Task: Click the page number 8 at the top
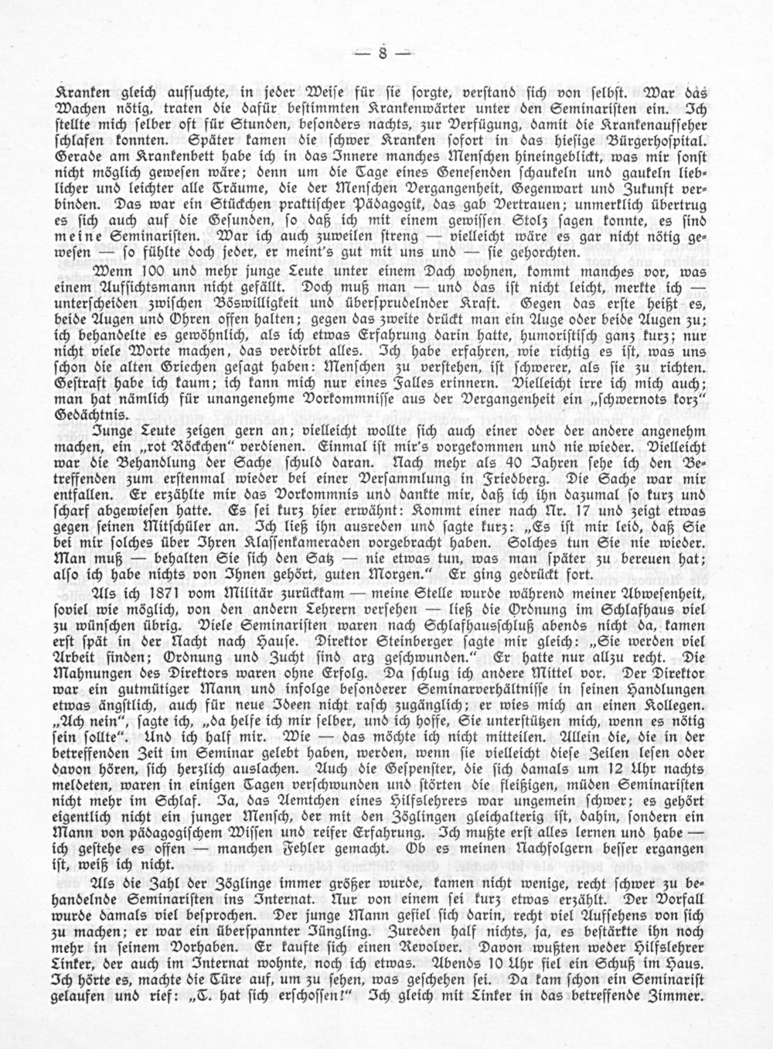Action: pos(383,54)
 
